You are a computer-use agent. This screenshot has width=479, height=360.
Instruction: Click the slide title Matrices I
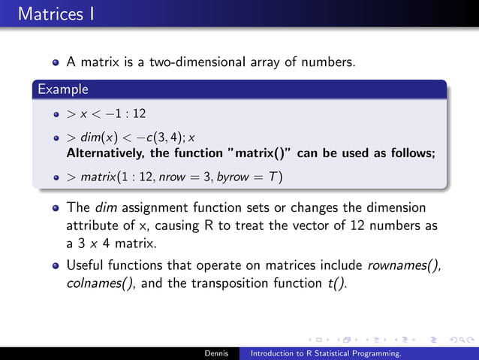point(52,14)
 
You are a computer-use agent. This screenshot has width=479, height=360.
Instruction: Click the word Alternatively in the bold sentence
point(104,153)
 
